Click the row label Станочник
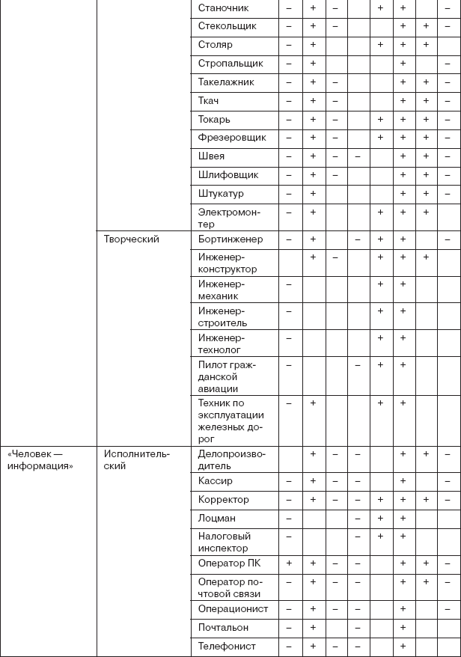click(224, 8)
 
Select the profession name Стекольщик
click(228, 27)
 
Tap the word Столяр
click(216, 45)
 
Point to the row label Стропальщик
click(230, 64)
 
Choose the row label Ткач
click(209, 101)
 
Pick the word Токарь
click(215, 120)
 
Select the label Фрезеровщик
click(232, 138)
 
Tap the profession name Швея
click(212, 156)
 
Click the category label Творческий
click(132, 239)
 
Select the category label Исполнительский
click(137, 459)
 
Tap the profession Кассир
click(216, 481)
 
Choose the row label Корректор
click(224, 500)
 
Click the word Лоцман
click(218, 518)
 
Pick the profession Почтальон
click(224, 628)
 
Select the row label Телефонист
click(227, 646)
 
